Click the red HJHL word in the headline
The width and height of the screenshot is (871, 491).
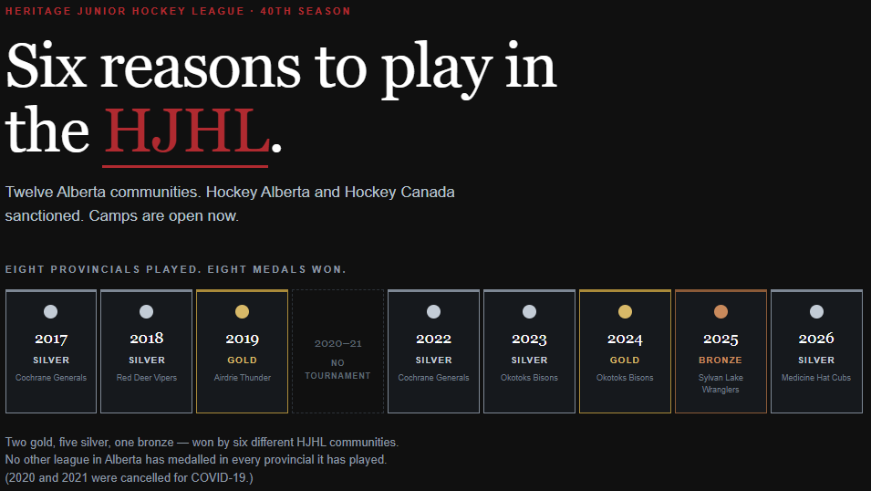pyautogui.click(x=187, y=131)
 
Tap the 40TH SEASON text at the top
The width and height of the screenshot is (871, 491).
pyautogui.click(x=306, y=11)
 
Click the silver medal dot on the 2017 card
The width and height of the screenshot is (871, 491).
pyautogui.click(x=50, y=312)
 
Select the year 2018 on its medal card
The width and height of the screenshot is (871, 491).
pyautogui.click(x=147, y=338)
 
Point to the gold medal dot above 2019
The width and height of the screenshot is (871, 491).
pyautogui.click(x=243, y=312)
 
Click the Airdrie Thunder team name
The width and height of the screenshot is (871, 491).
pyautogui.click(x=243, y=378)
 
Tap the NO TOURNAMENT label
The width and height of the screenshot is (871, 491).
pyautogui.click(x=337, y=370)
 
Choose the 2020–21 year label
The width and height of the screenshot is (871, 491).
pyautogui.click(x=337, y=344)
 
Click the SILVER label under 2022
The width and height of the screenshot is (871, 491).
pyautogui.click(x=434, y=360)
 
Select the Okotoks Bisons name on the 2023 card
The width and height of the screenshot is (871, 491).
pyautogui.click(x=529, y=378)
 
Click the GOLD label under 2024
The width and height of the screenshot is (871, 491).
pyautogui.click(x=625, y=360)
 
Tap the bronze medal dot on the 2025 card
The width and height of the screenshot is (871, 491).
pyautogui.click(x=721, y=312)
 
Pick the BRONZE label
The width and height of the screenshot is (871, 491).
pyautogui.click(x=721, y=360)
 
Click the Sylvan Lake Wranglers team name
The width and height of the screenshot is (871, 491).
pyautogui.click(x=721, y=383)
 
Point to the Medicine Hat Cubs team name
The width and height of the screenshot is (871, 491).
pyautogui.click(x=816, y=378)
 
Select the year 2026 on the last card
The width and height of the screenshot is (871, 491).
pyautogui.click(x=816, y=338)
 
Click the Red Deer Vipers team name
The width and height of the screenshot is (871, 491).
pyautogui.click(x=147, y=378)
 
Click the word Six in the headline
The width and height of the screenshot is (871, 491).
pyautogui.click(x=47, y=66)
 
